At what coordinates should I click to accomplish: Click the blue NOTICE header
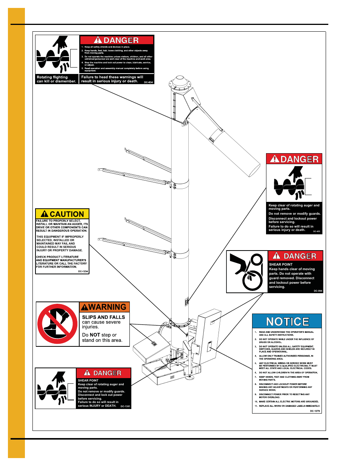pyautogui.click(x=287, y=321)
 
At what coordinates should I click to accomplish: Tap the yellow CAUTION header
pyautogui.click(x=62, y=214)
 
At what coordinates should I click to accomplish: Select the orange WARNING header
pyautogui.click(x=104, y=307)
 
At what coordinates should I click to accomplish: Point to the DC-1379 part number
pyautogui.click(x=315, y=411)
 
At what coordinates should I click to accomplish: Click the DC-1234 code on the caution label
pyautogui.click(x=83, y=271)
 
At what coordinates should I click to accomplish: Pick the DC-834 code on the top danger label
pyautogui.click(x=148, y=82)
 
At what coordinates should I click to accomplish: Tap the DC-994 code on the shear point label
pyautogui.click(x=318, y=291)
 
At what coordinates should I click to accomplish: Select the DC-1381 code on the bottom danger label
pyautogui.click(x=125, y=406)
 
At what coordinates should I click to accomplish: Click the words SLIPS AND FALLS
pyautogui.click(x=103, y=317)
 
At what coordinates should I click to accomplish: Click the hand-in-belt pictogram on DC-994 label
pyautogui.click(x=247, y=272)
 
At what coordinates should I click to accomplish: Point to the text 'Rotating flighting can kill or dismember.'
pyautogui.click(x=57, y=79)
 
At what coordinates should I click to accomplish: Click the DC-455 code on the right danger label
pyautogui.click(x=316, y=231)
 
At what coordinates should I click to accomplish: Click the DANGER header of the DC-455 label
pyautogui.click(x=294, y=159)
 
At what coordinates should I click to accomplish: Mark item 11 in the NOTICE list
pyautogui.click(x=289, y=406)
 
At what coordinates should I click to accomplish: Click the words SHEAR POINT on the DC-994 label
pyautogui.click(x=281, y=265)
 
